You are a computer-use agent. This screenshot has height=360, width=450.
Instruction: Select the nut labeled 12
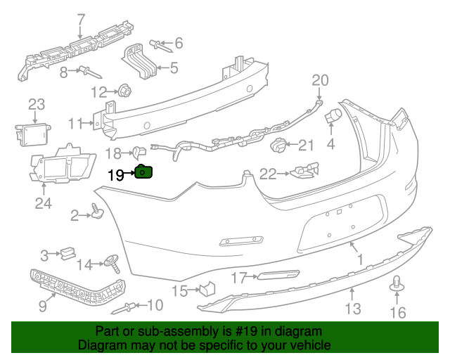point(126,90)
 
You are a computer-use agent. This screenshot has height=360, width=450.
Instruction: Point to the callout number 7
point(80,18)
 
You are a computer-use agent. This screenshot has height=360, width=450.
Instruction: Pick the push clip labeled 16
point(399,285)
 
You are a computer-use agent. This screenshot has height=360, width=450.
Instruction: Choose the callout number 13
point(352,308)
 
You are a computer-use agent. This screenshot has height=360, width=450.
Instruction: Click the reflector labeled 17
point(276,276)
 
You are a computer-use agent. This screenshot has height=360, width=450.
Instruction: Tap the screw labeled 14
point(111,264)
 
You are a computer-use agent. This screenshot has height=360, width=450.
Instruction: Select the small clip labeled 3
point(67,253)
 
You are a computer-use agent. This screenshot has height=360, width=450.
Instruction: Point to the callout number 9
point(41,305)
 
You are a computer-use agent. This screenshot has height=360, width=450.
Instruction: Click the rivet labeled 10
point(131,306)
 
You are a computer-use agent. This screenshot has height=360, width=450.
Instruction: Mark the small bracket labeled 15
point(207,288)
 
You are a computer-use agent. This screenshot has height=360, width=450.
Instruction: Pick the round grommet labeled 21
point(279,147)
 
